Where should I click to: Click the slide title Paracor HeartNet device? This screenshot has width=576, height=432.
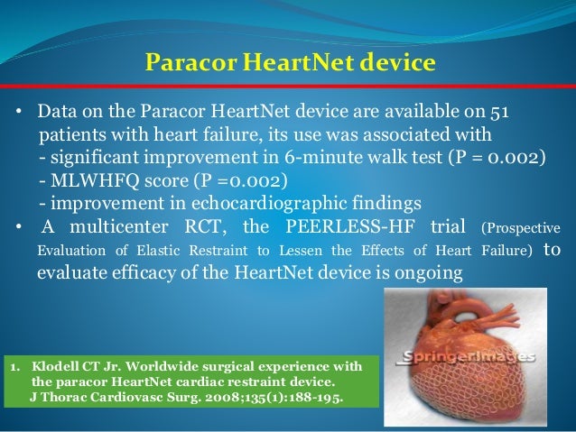pyautogui.click(x=290, y=63)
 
